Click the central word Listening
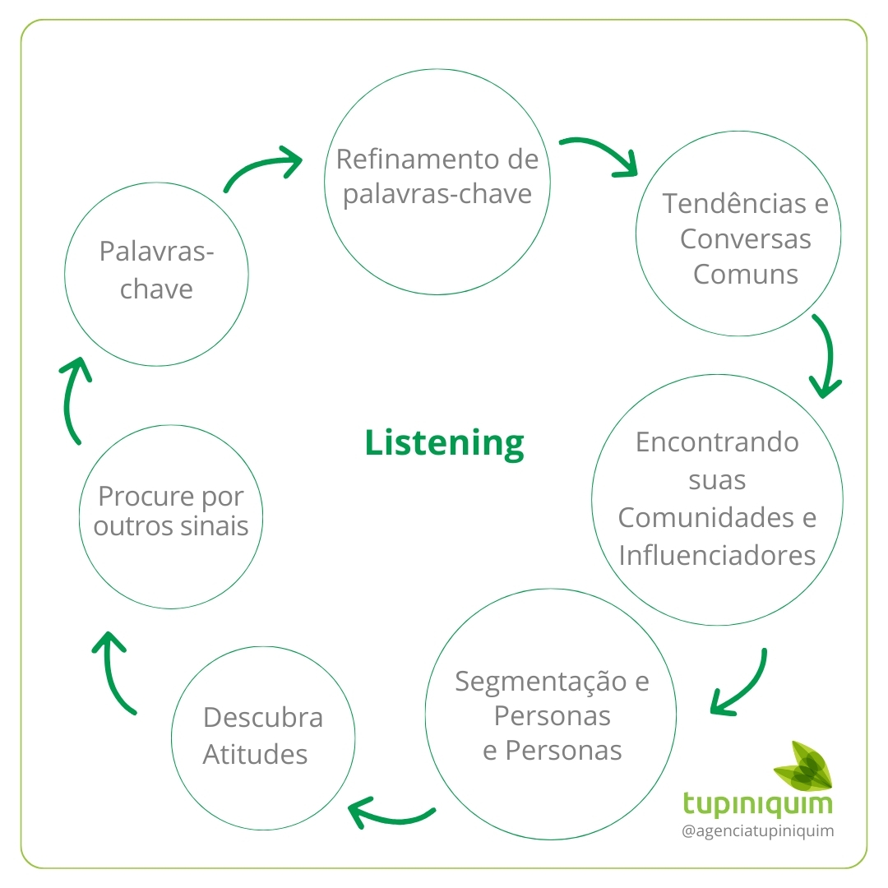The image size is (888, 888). (444, 442)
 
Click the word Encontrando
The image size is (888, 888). (717, 442)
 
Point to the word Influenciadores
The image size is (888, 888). (717, 555)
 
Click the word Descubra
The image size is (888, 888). (262, 718)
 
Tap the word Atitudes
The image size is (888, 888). (255, 754)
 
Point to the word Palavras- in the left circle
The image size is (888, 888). (156, 252)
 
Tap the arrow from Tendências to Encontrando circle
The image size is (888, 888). (826, 356)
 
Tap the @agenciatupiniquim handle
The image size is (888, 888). (758, 831)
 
